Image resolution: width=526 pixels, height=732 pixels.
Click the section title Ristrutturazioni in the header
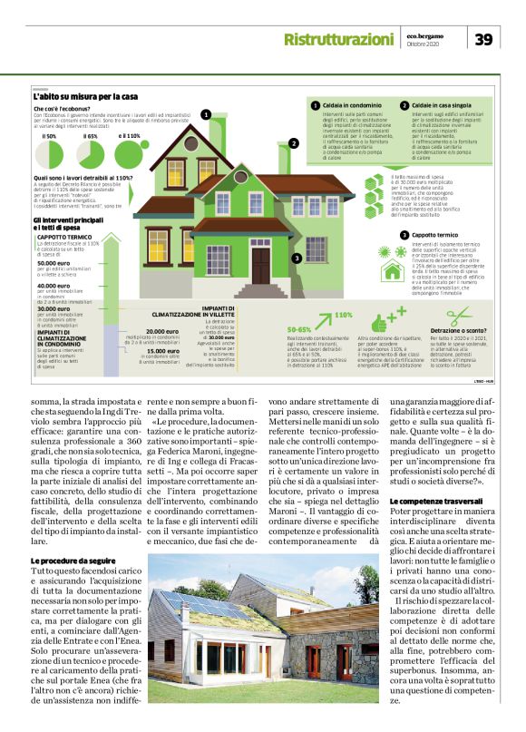338,39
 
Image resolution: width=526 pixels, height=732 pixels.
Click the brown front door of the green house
260,264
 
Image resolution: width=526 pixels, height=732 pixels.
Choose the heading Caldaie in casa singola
441,106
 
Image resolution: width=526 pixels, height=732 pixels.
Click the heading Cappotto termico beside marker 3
435,234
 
